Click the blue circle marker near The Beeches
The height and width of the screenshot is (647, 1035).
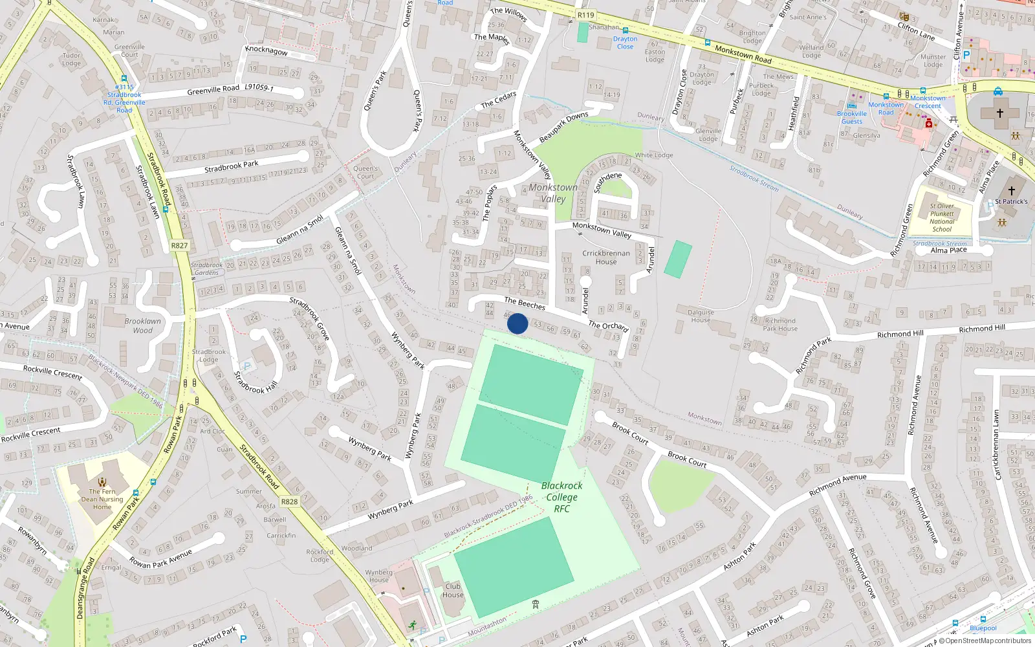tap(517, 323)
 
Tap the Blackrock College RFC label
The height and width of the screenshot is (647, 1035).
tap(561, 497)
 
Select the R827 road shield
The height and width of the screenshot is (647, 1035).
tap(179, 246)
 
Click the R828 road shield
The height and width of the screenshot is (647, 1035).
tap(289, 501)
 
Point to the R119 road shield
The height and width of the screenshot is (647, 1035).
tap(585, 15)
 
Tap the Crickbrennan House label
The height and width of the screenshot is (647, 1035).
tap(606, 258)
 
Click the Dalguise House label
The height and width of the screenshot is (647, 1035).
tap(701, 316)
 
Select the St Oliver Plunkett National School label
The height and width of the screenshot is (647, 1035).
tap(942, 217)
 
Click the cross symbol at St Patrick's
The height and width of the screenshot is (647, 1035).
tap(1012, 190)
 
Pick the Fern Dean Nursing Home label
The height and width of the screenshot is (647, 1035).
tap(102, 499)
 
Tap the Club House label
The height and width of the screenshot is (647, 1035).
tap(453, 591)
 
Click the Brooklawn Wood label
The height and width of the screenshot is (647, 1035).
tap(143, 325)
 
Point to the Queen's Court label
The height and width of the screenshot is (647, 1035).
tap(365, 172)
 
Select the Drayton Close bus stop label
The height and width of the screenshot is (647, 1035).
tap(625, 43)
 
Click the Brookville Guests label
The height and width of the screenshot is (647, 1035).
tap(852, 117)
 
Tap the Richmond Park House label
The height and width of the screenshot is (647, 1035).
tap(780, 324)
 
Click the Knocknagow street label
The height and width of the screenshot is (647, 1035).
tap(267, 50)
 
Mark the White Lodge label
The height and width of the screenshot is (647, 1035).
tap(654, 155)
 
